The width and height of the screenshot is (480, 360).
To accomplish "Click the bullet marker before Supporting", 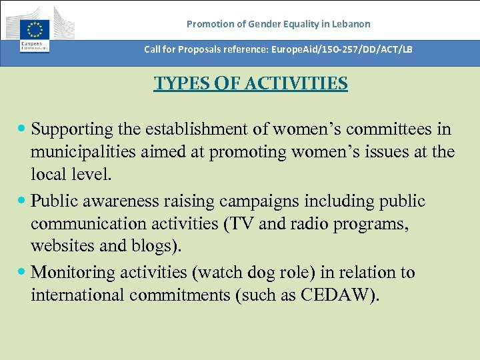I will tap(24, 129).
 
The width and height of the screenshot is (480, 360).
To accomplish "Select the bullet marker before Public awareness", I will tap(24, 201).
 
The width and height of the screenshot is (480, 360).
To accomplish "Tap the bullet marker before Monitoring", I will tap(24, 273).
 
